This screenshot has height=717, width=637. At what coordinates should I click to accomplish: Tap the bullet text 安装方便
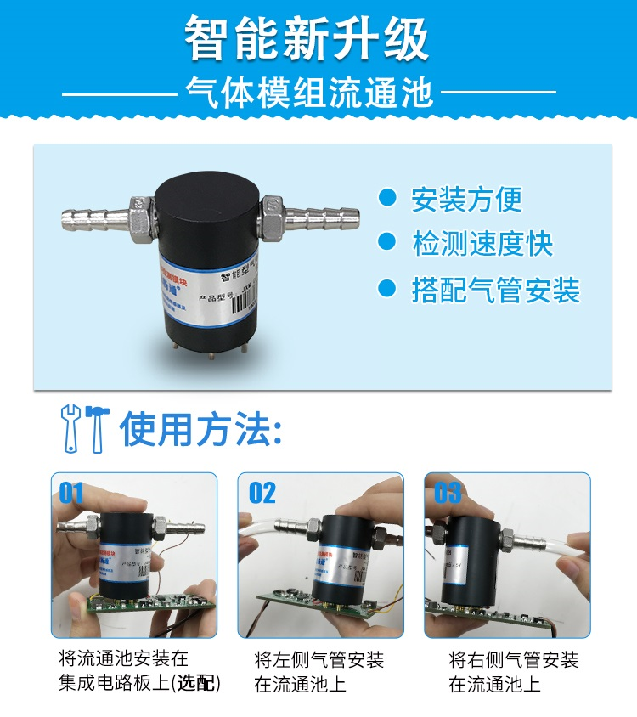(466, 200)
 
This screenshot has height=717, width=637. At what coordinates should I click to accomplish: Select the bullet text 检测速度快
(482, 245)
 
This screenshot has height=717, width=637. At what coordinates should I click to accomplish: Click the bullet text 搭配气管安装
(496, 291)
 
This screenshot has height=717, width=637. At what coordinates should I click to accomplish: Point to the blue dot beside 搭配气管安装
(387, 290)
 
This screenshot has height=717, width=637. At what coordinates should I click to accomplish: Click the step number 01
(71, 493)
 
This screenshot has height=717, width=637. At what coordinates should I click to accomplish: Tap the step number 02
(262, 493)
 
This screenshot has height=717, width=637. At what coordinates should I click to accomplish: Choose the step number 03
(448, 493)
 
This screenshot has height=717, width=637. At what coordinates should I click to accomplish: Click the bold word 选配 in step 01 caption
(196, 684)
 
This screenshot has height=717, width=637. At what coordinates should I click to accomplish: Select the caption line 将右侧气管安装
(512, 660)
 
